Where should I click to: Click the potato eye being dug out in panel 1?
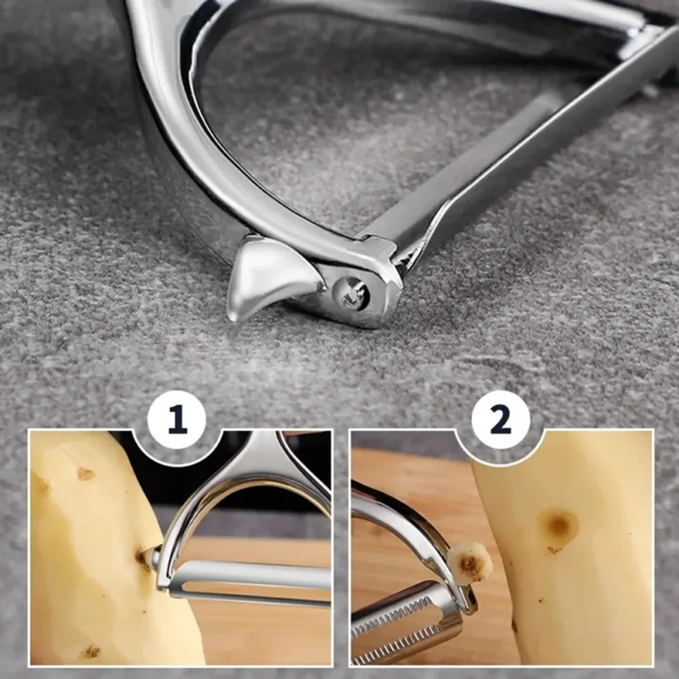(x=145, y=558)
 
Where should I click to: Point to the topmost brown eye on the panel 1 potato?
(x=86, y=474)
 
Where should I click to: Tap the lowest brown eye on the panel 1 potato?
(x=91, y=652)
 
